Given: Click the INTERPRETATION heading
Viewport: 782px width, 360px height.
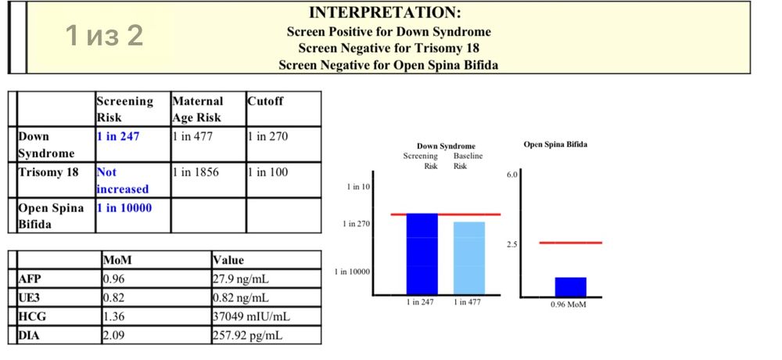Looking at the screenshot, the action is click(385, 12).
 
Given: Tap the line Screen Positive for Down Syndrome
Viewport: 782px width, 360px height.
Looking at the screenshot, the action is click(389, 32).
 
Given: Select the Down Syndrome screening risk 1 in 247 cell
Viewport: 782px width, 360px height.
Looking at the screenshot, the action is click(118, 136).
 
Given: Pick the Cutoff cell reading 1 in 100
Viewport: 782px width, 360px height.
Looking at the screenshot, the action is click(267, 173).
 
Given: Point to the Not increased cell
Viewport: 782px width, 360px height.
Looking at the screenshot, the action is click(122, 181).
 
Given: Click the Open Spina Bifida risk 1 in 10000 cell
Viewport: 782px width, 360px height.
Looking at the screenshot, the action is click(124, 208).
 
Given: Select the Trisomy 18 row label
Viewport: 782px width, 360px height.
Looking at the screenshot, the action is click(48, 173).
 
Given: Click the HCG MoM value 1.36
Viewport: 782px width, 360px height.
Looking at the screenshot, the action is click(113, 316).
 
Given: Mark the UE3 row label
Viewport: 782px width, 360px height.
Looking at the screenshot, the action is click(29, 297).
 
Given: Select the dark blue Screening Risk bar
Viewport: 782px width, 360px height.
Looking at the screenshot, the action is click(422, 254).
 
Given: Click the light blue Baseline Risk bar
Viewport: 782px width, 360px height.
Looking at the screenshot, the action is click(468, 258).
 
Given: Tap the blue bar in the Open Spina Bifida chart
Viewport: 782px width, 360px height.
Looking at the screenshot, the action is click(571, 287).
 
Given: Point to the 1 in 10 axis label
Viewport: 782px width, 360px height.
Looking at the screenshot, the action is click(359, 187).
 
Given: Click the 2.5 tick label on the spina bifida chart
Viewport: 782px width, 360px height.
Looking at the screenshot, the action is click(511, 244).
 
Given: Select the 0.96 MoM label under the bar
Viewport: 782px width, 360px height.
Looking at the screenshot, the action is click(569, 304).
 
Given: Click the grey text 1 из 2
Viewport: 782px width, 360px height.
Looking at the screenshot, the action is click(104, 35).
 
